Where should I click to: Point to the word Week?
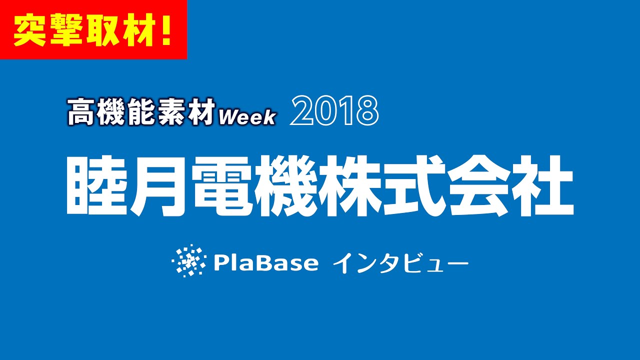(247, 117)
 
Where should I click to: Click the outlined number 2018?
(334, 111)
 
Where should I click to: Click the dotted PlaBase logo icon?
(188, 260)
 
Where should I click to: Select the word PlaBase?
(265, 262)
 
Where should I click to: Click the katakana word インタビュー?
(400, 263)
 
